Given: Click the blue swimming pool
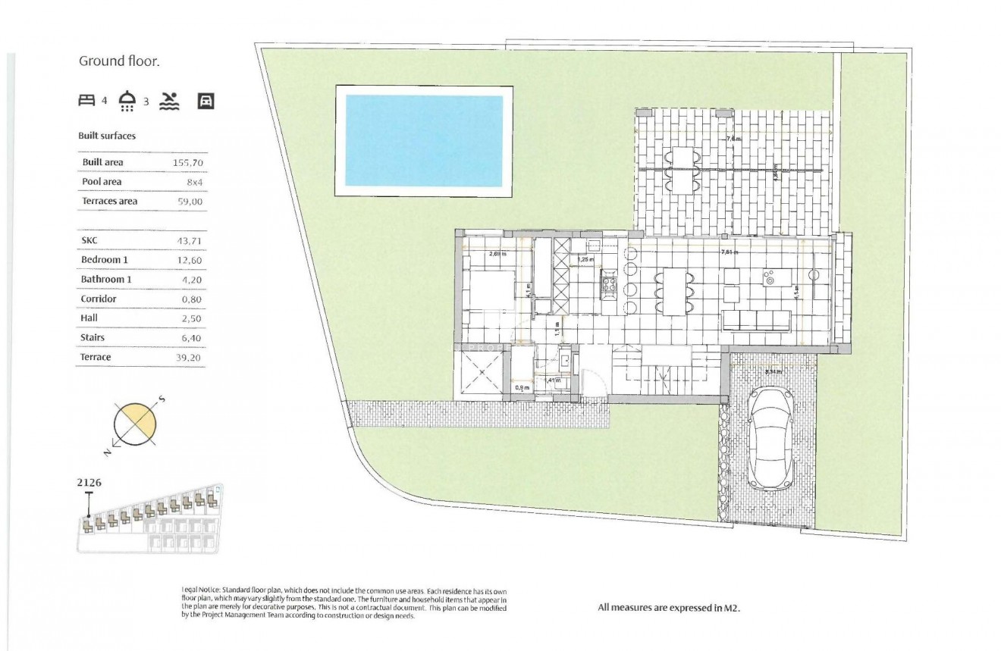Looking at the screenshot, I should coord(424,140).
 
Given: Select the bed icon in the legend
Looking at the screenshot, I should coord(87,100).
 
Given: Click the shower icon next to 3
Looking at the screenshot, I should coord(128,100).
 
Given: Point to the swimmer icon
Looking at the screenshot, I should coord(169,101).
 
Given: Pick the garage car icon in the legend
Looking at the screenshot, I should coord(205,101).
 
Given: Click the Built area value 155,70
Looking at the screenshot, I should coord(188,162).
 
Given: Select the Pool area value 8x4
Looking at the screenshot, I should coord(193,182).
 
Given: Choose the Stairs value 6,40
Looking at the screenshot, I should coord(189,338).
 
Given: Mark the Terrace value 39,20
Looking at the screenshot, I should coord(189,358).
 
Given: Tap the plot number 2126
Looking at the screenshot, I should coord(89,481).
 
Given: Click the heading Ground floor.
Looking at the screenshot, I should coord(119,61).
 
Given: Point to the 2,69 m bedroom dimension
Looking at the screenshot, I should coord(497,254).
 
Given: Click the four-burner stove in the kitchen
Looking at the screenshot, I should coord(609,285).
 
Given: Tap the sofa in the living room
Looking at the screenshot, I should coord(756,320).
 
